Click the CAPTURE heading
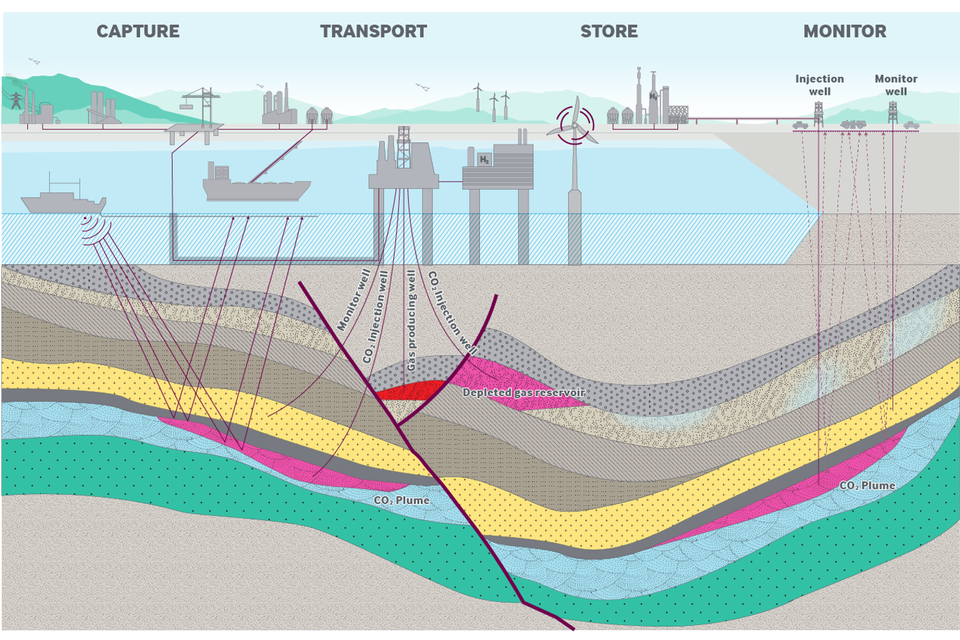coord(138,31)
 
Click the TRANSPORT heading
coord(373,31)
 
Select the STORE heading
coord(609,31)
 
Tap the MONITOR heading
coord(845,31)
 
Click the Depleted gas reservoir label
coord(523,393)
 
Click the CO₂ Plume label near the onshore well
coord(867,485)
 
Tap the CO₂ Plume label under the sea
coord(401,500)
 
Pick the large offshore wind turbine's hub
coord(574,125)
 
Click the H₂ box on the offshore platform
coord(485,159)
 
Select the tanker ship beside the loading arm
coord(253,187)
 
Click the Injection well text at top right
coord(819,85)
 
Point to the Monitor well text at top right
coord(896,85)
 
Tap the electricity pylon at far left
coord(15,100)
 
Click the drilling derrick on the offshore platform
coord(403,147)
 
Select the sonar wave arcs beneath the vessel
coord(93,229)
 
